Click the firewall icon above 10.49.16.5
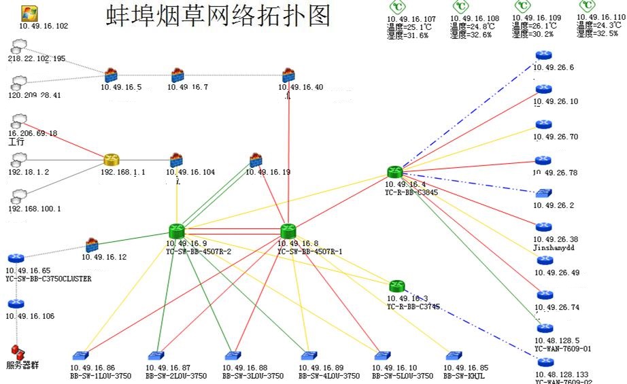pos(111,74)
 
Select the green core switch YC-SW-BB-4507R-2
pos(177,231)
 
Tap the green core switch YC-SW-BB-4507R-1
pos(288,231)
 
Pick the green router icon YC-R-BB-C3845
pos(395,173)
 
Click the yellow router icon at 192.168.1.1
pos(112,160)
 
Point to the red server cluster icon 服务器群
pos(18,352)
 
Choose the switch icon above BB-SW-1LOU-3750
pos(82,356)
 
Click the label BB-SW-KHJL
pos(466,375)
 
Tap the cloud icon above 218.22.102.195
pos(19,46)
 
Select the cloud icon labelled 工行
pos(19,120)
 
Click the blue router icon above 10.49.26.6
pos(543,56)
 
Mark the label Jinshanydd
pos(555,248)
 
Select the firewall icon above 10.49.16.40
pos(288,74)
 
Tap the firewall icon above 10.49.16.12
pos(92,245)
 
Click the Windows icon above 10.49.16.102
pos(29,12)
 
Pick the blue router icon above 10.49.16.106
pos(16,304)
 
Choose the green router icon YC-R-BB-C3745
pos(397,285)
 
